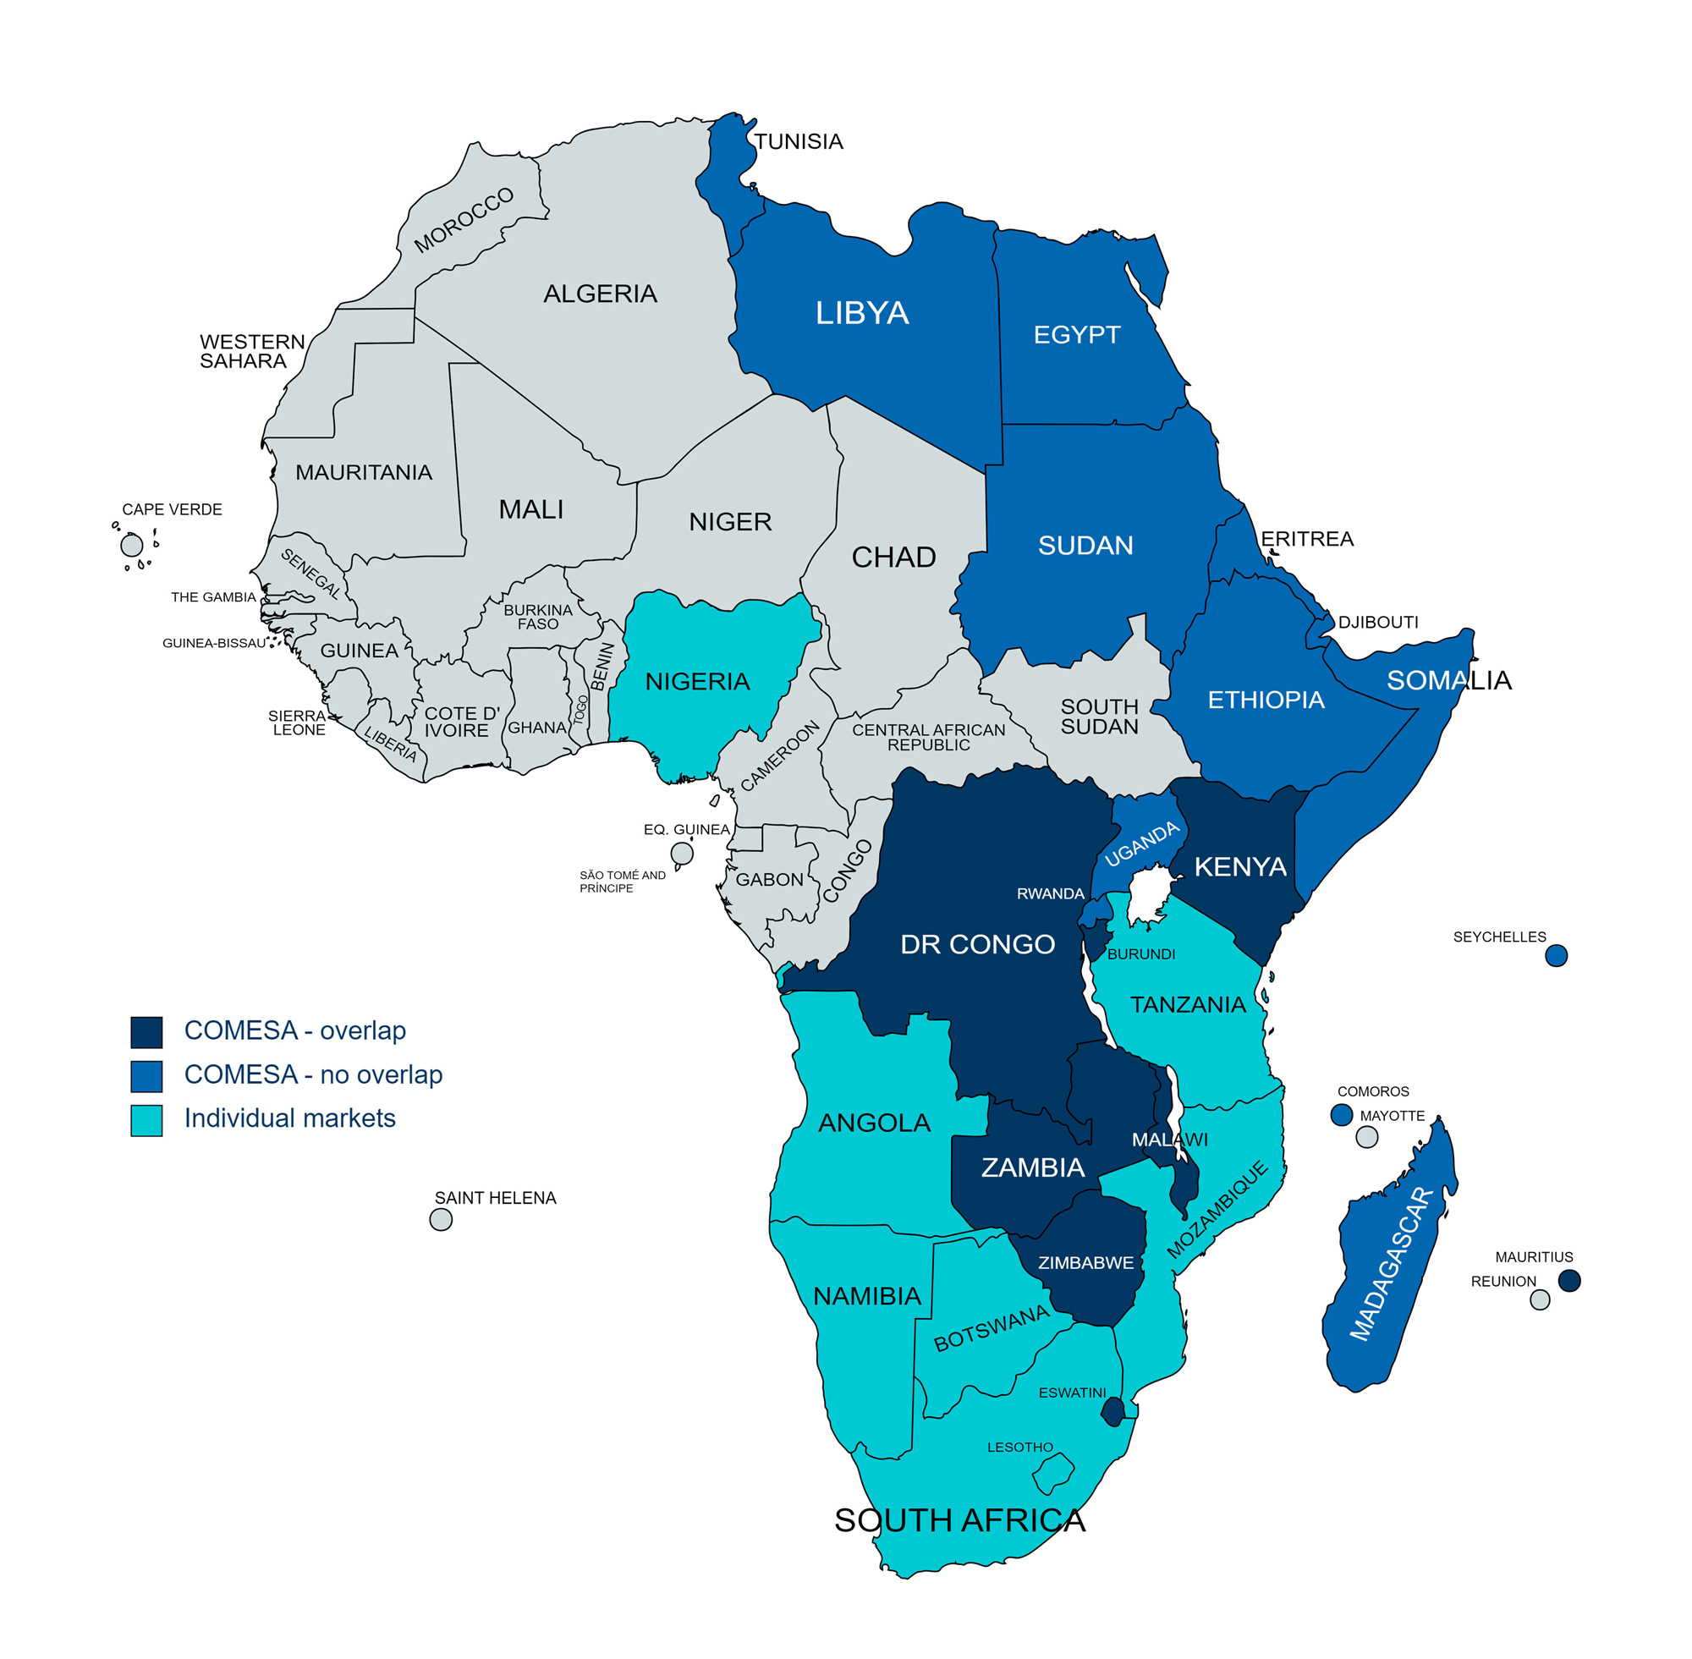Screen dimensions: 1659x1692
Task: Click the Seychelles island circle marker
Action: pyautogui.click(x=1556, y=955)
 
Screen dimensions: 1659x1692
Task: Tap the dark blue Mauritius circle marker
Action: pyautogui.click(x=1569, y=1280)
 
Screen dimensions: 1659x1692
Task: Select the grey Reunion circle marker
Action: pyautogui.click(x=1541, y=1300)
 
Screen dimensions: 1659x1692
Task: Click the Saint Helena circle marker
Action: pyautogui.click(x=441, y=1219)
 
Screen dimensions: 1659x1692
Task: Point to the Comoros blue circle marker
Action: pyautogui.click(x=1342, y=1114)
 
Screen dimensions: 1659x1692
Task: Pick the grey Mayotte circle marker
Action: pyautogui.click(x=1367, y=1137)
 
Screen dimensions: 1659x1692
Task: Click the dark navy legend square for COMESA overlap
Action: pyautogui.click(x=146, y=1031)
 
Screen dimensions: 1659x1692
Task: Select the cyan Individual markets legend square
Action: pyautogui.click(x=146, y=1120)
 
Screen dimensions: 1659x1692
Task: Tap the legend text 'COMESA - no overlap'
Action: pyautogui.click(x=313, y=1074)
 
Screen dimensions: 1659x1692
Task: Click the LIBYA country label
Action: pyautogui.click(x=862, y=313)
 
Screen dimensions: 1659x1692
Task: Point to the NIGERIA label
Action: pyautogui.click(x=697, y=681)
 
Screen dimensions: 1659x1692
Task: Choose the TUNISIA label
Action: pyautogui.click(x=798, y=141)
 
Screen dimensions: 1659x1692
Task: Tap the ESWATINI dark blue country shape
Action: pyautogui.click(x=1112, y=1411)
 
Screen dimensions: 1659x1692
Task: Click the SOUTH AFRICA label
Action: pyautogui.click(x=959, y=1520)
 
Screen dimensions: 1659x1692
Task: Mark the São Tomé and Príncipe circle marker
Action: pyautogui.click(x=682, y=853)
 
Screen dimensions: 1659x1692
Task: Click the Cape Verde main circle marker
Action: pyautogui.click(x=132, y=546)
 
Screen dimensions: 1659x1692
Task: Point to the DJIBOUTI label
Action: pyautogui.click(x=1377, y=622)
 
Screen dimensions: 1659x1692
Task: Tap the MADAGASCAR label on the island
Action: pyautogui.click(x=1392, y=1263)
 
